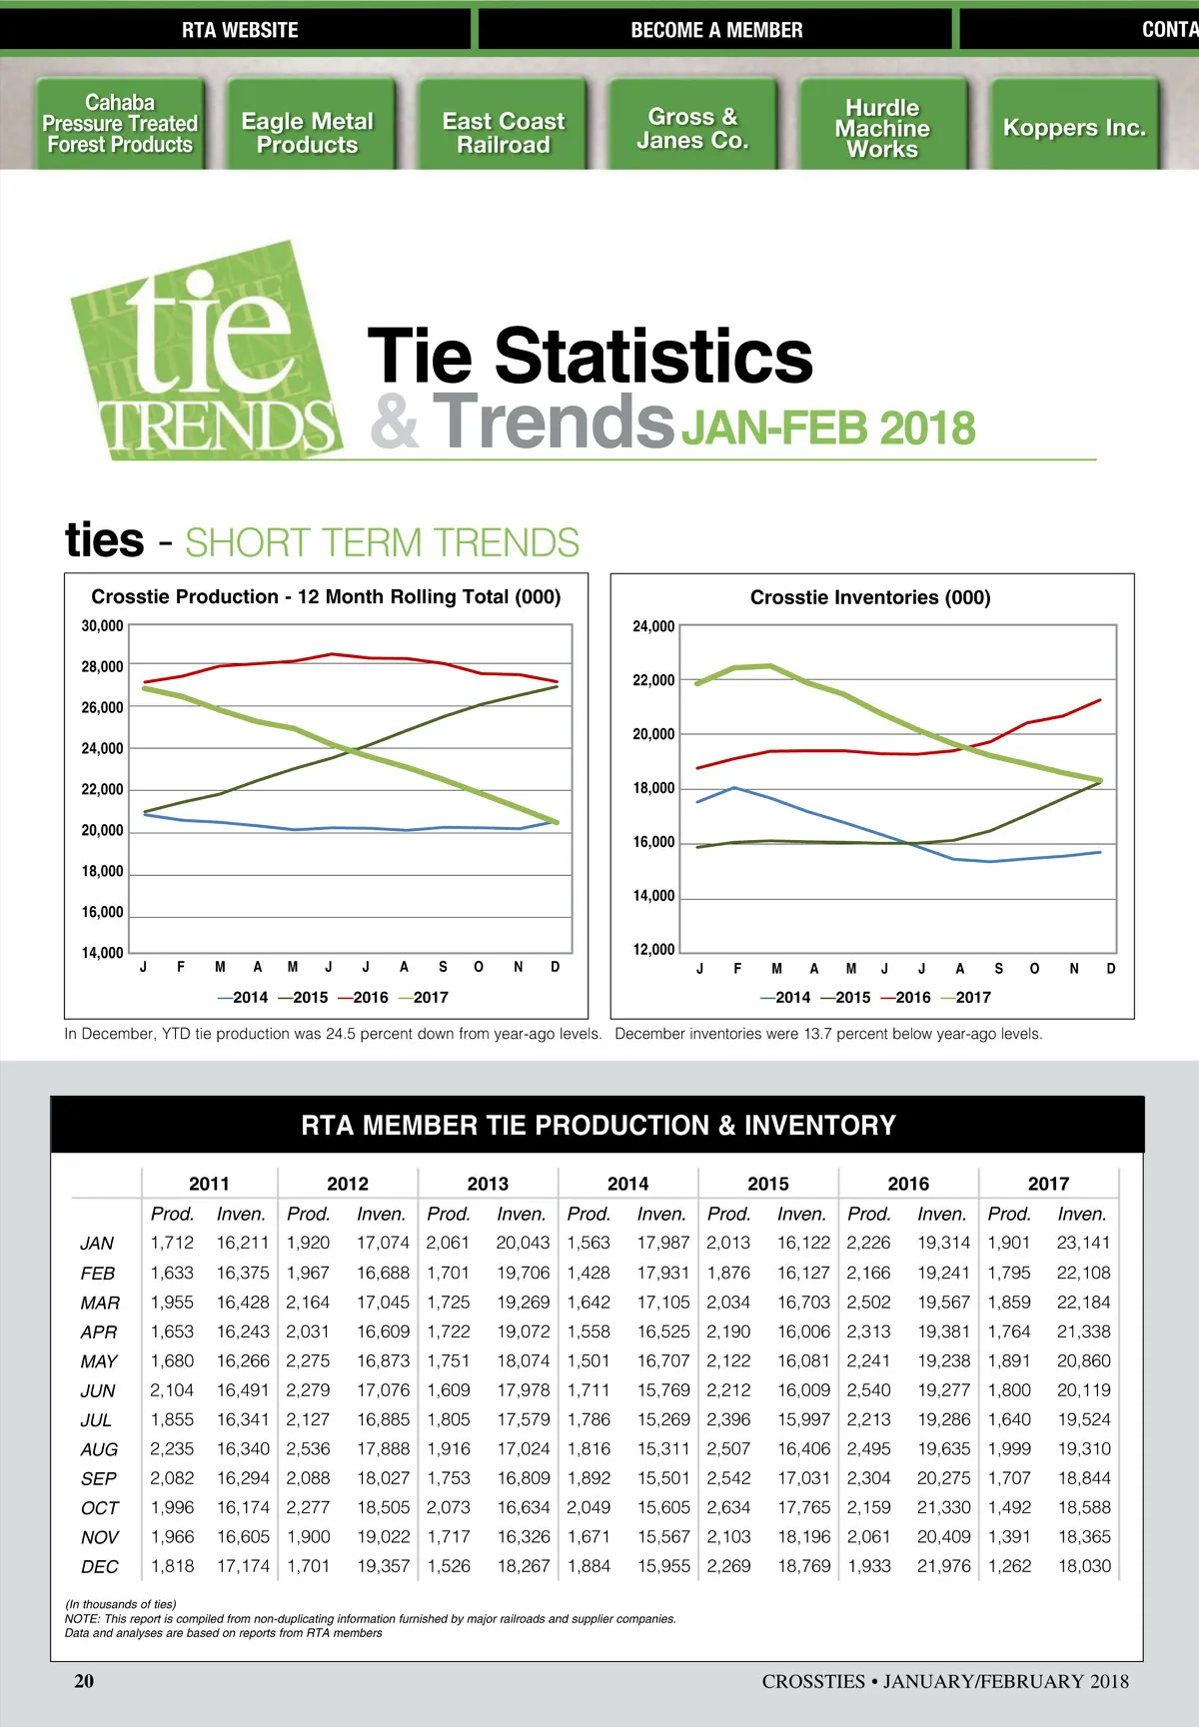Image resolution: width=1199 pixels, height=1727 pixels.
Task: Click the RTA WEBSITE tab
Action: [240, 30]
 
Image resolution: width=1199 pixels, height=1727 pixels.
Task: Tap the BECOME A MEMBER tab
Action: [716, 30]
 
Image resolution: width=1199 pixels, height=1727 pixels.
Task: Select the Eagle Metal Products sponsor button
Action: [308, 133]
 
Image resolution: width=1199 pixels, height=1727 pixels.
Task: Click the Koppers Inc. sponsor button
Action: [1074, 128]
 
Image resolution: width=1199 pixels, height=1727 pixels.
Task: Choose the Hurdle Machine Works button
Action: [882, 128]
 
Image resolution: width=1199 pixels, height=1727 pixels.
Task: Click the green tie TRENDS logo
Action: [205, 355]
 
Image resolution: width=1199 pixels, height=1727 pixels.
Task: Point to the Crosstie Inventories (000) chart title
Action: [870, 597]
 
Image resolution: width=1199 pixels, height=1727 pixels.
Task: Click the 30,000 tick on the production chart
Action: [102, 626]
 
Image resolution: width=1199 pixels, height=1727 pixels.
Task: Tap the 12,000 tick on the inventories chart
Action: [653, 949]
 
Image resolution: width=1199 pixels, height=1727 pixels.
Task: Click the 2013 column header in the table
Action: [488, 1184]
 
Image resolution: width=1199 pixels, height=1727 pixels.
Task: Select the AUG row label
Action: [99, 1449]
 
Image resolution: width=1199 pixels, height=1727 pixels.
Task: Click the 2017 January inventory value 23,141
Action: [1083, 1243]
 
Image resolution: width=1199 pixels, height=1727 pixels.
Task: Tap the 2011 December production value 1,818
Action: [172, 1566]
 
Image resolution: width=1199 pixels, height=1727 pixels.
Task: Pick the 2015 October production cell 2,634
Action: [728, 1507]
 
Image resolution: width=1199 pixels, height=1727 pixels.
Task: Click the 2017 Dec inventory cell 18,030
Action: [1084, 1566]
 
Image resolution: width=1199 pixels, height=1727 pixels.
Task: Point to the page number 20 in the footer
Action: [84, 1681]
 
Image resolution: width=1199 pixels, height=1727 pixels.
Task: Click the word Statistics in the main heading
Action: [653, 356]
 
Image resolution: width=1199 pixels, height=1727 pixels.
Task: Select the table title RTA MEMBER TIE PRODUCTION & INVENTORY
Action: [598, 1125]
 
